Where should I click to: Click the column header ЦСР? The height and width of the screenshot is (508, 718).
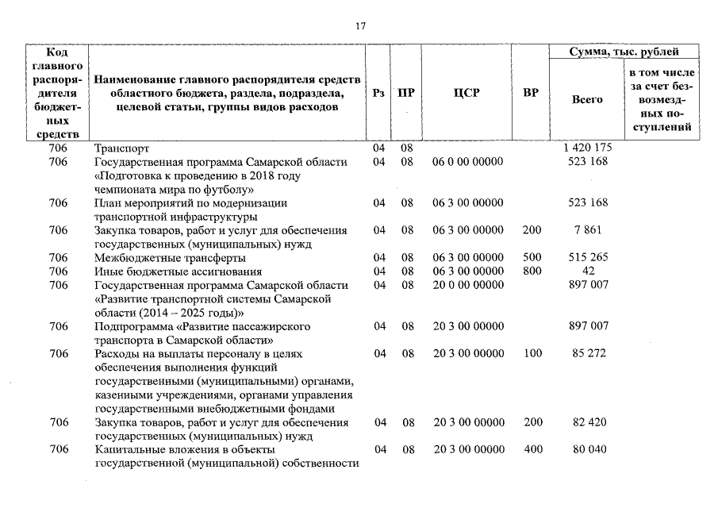coord(467,93)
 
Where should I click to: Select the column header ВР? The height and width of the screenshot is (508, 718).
coord(531,93)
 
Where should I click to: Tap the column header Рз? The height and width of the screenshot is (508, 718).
coord(378,93)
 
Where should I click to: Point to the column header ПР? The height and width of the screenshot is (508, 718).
coord(406,93)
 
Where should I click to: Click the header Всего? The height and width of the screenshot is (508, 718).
coord(587,100)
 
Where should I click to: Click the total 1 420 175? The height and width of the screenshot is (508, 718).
coord(588,148)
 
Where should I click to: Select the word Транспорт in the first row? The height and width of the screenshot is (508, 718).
coord(121,148)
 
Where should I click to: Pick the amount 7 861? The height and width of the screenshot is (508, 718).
coord(588,230)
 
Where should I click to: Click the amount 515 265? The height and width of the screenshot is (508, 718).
coord(588,258)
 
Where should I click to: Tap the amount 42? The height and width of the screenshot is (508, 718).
coord(588,271)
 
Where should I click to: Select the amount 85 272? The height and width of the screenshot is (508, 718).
coord(588,353)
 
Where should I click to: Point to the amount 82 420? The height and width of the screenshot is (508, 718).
coord(588,422)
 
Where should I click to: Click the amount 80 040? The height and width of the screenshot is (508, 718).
coord(588,450)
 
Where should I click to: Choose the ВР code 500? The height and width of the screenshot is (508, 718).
coord(532,258)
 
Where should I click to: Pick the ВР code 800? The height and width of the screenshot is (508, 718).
coord(532,271)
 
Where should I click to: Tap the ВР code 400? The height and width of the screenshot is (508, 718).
coord(532,450)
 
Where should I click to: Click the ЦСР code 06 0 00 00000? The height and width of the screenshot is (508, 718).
coord(467,162)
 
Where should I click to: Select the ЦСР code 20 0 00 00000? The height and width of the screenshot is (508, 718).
coord(467,285)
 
